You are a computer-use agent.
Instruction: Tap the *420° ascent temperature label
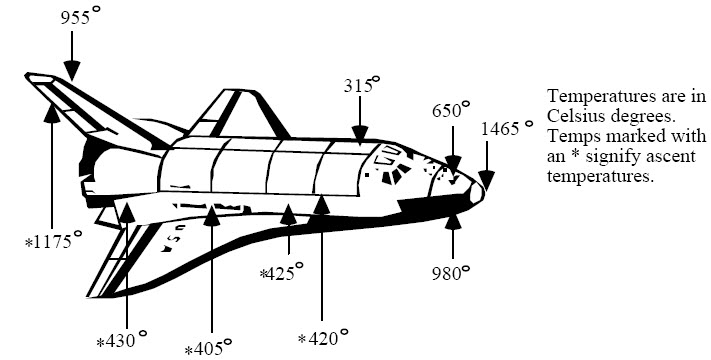tap(322, 336)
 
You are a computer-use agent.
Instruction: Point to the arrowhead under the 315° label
tap(359, 133)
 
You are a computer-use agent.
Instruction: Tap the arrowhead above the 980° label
tap(453, 219)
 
